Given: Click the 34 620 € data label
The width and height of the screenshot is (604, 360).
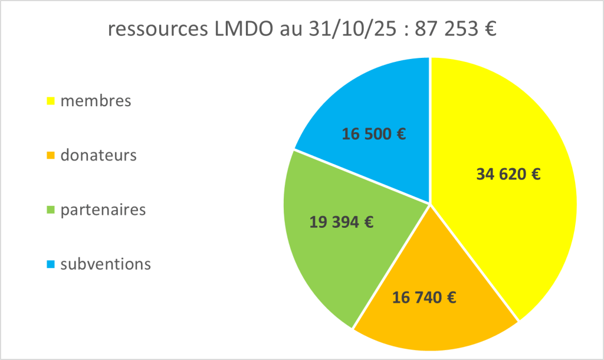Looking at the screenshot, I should point(508,174).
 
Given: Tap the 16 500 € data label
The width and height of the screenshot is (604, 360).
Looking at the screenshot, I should point(374,134).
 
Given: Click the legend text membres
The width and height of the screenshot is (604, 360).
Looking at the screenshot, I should point(96,101).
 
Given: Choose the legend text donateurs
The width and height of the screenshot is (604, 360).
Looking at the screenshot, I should point(99,156).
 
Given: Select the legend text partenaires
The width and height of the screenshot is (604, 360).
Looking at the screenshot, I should point(103,210).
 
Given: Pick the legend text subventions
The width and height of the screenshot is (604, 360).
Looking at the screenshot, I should point(106,264).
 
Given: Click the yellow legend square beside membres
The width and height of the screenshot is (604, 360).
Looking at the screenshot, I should point(51,102).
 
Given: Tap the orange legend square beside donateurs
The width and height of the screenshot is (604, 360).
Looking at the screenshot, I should point(51,156).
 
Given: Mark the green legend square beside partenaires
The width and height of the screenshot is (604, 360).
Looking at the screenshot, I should point(51,210).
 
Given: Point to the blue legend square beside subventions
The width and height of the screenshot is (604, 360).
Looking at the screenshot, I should point(51,264).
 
